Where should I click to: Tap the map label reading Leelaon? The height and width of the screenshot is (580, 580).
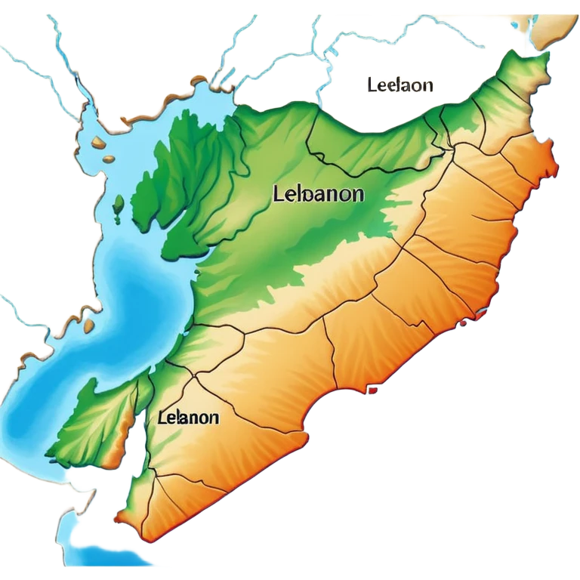[x=400, y=85]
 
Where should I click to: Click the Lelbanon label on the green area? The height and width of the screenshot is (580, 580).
[x=317, y=194]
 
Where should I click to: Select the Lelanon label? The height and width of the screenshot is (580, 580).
[x=190, y=417]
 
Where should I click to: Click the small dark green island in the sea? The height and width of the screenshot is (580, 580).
[x=119, y=205]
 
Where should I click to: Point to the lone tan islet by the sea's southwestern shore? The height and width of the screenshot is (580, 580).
[x=89, y=326]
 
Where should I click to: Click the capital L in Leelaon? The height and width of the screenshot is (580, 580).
[x=372, y=85]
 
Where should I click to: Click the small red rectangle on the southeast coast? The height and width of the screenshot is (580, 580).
[x=372, y=390]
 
